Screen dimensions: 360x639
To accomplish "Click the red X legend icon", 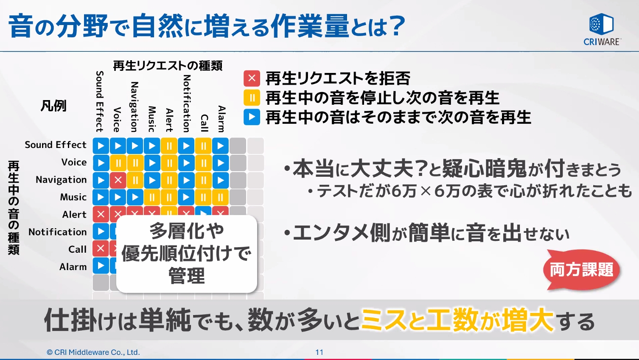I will point(252,78).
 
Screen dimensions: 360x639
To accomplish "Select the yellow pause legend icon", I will point(252,98).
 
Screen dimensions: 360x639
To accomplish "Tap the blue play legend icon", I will point(252,117).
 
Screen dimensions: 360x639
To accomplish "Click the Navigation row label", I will point(61,180).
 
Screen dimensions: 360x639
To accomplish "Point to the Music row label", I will point(73,197).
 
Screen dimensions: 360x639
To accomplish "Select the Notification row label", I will point(58,232).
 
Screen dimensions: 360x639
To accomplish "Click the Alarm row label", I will point(73,267).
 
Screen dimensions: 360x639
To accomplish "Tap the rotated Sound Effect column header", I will point(100,101).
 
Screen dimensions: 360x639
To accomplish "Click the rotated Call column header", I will point(204,123).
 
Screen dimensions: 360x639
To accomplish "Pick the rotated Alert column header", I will point(169,120).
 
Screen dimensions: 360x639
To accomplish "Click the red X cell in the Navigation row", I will point(118,180).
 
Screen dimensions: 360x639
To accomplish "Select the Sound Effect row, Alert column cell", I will point(169,146).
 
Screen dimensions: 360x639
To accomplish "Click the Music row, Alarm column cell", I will point(221,197).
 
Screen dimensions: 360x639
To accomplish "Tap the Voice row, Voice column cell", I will point(118,163).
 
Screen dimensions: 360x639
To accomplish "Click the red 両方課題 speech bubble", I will point(581,270).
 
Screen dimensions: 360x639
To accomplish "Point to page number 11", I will point(319,352).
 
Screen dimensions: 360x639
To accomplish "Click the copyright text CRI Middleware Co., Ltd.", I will point(93,352).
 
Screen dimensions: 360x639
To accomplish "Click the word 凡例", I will point(53,106).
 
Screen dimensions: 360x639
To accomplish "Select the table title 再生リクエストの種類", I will point(168,66).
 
